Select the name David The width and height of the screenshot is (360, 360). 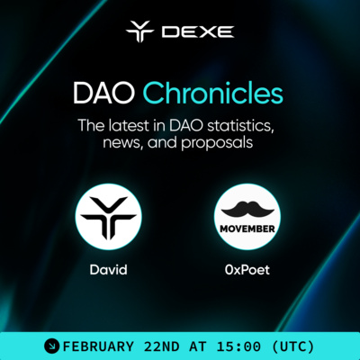click(110, 269)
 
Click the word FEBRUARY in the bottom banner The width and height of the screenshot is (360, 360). click(98, 345)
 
